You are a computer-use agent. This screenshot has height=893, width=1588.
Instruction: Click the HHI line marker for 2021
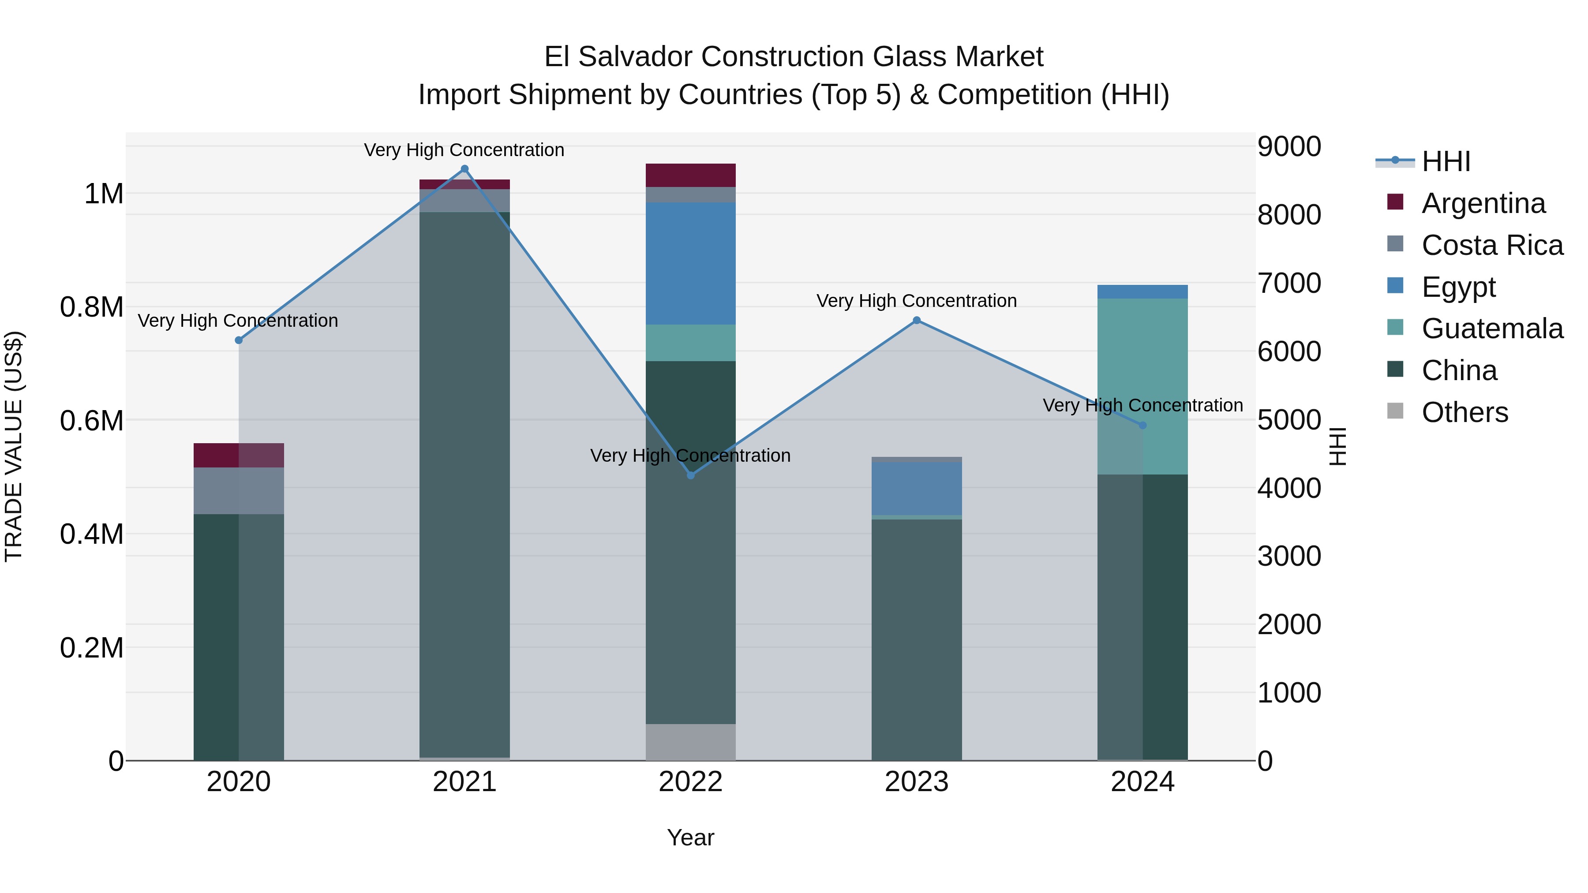coord(465,169)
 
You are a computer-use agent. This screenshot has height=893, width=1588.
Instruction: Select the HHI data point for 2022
coord(690,475)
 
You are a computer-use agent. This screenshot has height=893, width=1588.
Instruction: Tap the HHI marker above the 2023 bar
coord(917,321)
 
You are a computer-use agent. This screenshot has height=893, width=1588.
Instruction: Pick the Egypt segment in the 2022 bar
coord(690,264)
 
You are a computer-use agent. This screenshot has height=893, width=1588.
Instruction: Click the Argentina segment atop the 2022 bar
coord(690,176)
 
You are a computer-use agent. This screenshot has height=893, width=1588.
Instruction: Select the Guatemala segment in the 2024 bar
coord(1142,386)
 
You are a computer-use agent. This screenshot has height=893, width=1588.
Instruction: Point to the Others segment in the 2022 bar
coord(690,742)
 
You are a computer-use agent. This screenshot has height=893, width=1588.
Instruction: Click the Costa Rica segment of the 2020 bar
coord(239,490)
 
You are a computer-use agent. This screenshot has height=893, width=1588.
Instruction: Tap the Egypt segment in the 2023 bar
coord(917,488)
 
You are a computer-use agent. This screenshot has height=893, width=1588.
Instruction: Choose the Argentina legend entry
coord(1483,203)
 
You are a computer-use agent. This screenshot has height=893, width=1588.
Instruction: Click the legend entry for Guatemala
coord(1492,329)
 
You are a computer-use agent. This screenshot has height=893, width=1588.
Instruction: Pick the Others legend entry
coord(1464,412)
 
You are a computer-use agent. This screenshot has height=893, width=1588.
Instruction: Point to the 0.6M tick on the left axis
coord(91,421)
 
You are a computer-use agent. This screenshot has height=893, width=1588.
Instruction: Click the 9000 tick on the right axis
coord(1289,147)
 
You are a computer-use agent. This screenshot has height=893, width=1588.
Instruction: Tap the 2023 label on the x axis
coord(917,782)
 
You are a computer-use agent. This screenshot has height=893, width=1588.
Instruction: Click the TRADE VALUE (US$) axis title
coord(14,446)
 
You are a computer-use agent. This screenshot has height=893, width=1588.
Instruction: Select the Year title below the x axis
coord(690,837)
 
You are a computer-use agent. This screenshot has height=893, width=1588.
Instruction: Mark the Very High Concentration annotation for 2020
coord(238,321)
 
